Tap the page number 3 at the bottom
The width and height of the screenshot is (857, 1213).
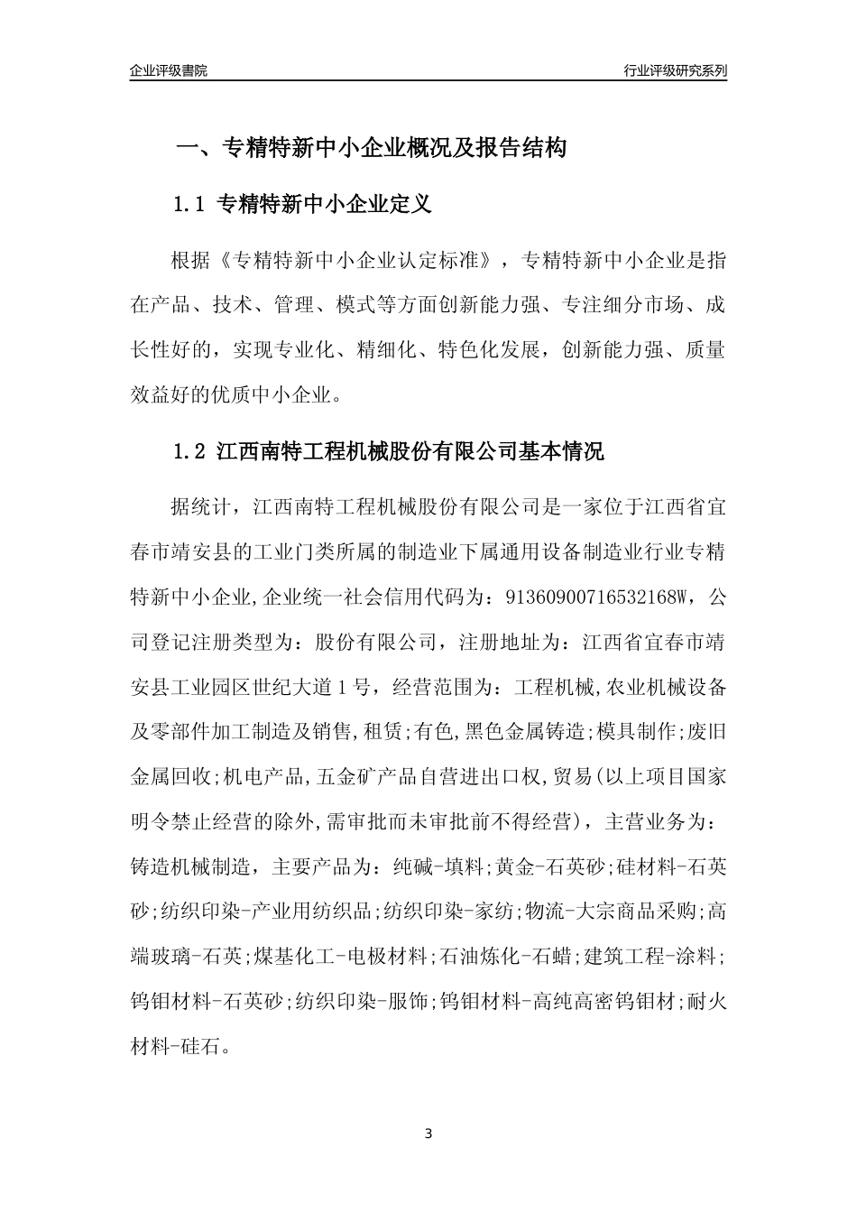click(428, 1133)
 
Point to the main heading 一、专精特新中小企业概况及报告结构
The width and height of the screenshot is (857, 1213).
click(370, 148)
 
